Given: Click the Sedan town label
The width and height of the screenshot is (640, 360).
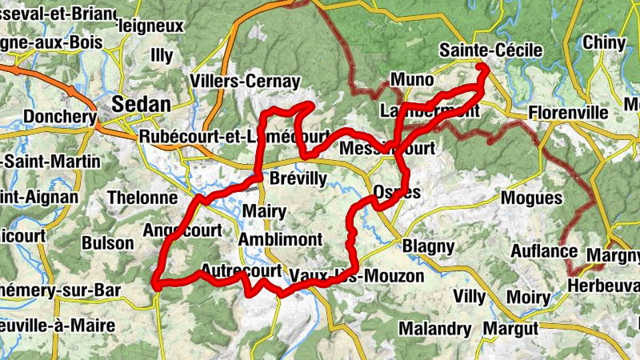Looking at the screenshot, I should (142, 104).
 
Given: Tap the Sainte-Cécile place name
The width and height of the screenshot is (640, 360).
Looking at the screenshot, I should (491, 51).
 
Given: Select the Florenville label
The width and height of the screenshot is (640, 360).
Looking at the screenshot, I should (569, 112).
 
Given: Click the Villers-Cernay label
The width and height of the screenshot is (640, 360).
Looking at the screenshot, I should (246, 81).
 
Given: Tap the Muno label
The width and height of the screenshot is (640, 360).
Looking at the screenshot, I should (412, 80).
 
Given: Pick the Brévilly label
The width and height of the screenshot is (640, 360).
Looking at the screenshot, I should (298, 178).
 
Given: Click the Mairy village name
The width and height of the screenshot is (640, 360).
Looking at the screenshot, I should (263, 211).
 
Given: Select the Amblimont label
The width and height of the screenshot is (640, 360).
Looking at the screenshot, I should (280, 239).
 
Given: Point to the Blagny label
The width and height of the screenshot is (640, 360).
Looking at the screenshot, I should (428, 246).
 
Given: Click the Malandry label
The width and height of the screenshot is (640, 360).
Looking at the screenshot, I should (435, 329).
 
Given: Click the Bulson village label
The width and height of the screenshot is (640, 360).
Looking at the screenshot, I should (108, 242).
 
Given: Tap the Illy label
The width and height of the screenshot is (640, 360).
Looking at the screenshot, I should (162, 56).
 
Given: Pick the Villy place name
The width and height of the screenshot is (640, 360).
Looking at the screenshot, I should (469, 297).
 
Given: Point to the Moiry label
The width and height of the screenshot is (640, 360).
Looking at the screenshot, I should (528, 298).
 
